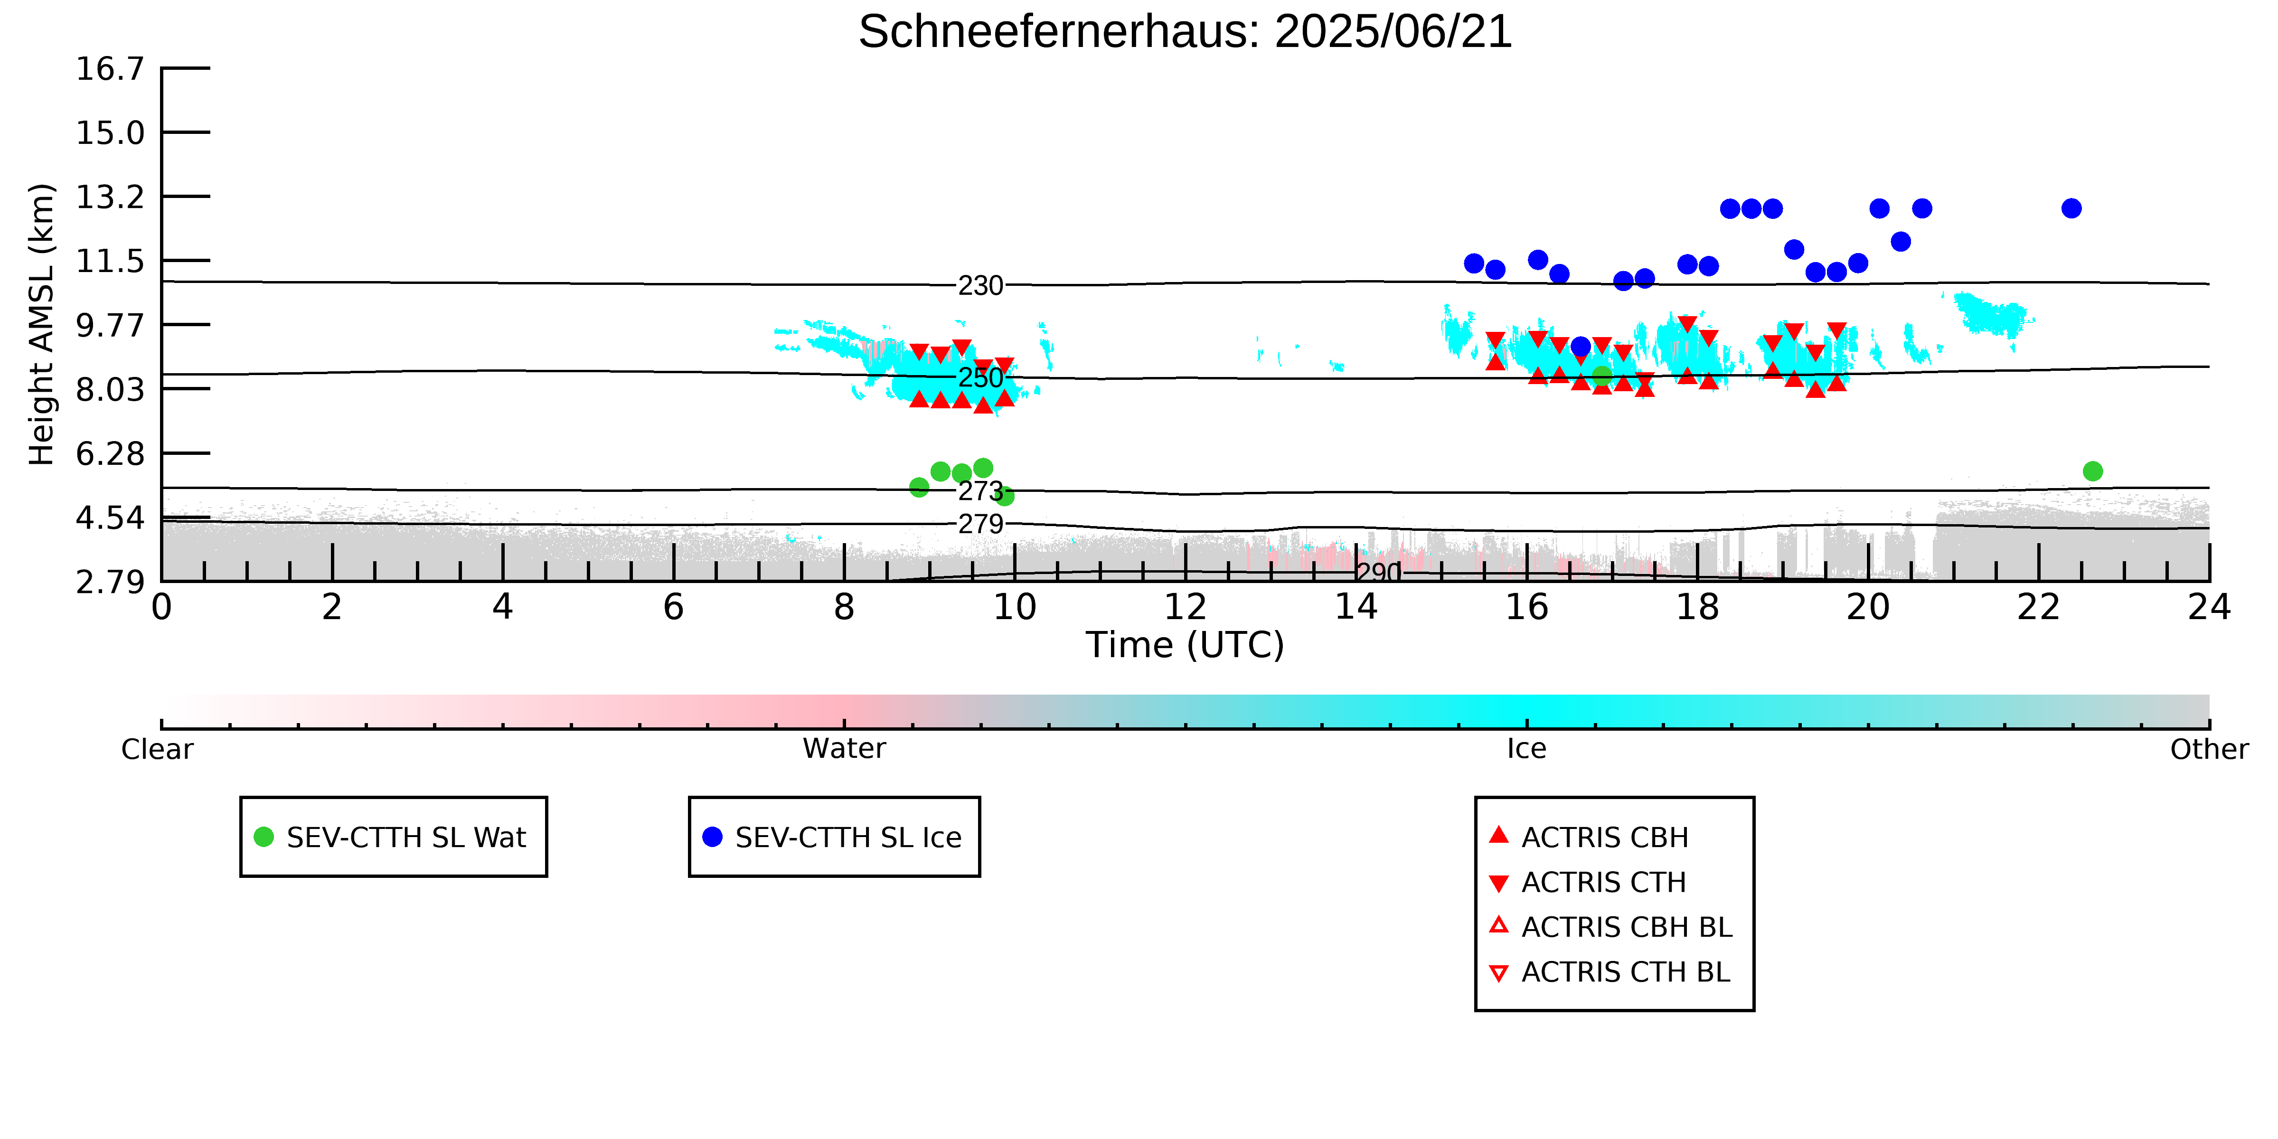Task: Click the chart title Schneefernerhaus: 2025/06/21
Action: (1185, 32)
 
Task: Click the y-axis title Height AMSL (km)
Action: (42, 325)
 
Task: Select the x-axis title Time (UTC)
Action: (1185, 645)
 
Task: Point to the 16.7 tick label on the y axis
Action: (110, 68)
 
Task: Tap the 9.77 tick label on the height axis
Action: (110, 325)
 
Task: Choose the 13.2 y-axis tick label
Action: (110, 196)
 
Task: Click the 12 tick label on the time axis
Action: (1185, 608)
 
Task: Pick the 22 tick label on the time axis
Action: (2038, 608)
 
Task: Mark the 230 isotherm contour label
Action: (981, 286)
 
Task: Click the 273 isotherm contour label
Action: (981, 491)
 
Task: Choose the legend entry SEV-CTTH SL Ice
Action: (833, 837)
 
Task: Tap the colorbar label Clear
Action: (158, 749)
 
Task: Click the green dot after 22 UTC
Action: (2092, 471)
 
